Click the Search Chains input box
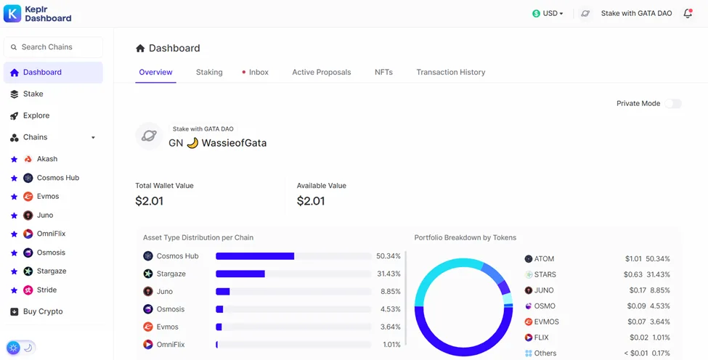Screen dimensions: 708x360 pyautogui.click(x=53, y=47)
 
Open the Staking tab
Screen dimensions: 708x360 pyautogui.click(x=209, y=72)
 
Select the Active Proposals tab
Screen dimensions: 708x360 pyautogui.click(x=322, y=72)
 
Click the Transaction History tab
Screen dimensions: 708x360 pyautogui.click(x=451, y=72)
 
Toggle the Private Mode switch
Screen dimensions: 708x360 pyautogui.click(x=672, y=104)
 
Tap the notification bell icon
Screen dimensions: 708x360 pyautogui.click(x=688, y=14)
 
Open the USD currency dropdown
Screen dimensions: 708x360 pyautogui.click(x=548, y=14)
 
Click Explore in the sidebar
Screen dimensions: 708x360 pyautogui.click(x=36, y=115)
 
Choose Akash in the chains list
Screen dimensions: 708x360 pyautogui.click(x=47, y=159)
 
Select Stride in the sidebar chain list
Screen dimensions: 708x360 pyautogui.click(x=46, y=290)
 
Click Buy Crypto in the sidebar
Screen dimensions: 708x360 pyautogui.click(x=43, y=311)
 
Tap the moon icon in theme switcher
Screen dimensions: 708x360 pyautogui.click(x=28, y=348)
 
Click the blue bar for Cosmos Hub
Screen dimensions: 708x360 pyautogui.click(x=255, y=256)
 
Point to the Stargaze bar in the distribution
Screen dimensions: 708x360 pyautogui.click(x=240, y=274)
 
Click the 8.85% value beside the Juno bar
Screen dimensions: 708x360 pyautogui.click(x=391, y=292)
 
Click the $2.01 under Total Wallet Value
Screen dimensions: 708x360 pyautogui.click(x=149, y=201)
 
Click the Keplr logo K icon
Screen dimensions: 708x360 pyautogui.click(x=12, y=14)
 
